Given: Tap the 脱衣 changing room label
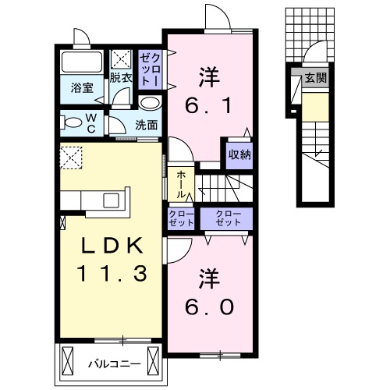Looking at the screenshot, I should tap(120, 77).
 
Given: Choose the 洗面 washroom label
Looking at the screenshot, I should tap(147, 123).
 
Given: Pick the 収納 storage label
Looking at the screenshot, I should tap(239, 154).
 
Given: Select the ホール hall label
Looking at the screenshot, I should tap(181, 184).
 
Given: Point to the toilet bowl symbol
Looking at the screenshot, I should tap(74, 121).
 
